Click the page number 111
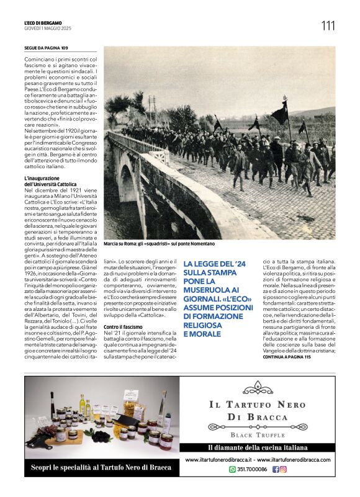(327, 25)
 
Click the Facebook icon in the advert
(276, 470)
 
